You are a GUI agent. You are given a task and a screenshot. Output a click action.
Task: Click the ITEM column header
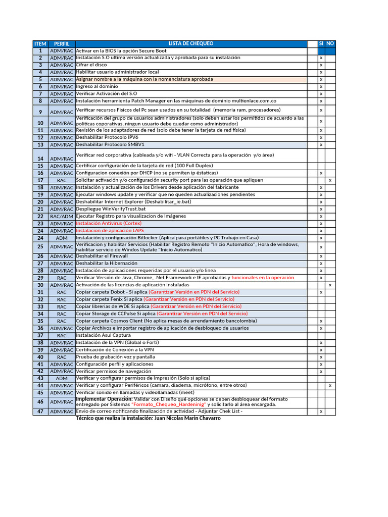tap(40, 44)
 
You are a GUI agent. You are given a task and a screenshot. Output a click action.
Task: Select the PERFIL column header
tap(62, 44)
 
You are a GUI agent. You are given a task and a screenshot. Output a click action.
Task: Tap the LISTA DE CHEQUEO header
tap(191, 44)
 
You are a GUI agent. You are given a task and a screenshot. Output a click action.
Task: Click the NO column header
tap(330, 44)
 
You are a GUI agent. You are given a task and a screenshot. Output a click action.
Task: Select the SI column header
tap(321, 44)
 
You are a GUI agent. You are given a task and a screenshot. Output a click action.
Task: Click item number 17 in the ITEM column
tap(40, 180)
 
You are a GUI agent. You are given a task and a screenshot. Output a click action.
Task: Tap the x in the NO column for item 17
tap(330, 180)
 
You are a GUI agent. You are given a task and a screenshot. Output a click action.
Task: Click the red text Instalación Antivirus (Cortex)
tap(109, 223)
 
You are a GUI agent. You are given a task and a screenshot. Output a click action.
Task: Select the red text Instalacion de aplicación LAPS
tap(110, 231)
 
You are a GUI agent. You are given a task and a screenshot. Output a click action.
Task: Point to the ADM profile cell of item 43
tap(62, 378)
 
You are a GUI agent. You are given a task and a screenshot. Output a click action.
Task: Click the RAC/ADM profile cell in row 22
tap(62, 216)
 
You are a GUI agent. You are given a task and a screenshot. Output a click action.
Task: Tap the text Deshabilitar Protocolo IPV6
tap(107, 137)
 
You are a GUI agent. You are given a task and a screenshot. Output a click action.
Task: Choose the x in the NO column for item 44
tap(330, 385)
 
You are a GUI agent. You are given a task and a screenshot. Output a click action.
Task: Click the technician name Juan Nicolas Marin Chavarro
tap(183, 418)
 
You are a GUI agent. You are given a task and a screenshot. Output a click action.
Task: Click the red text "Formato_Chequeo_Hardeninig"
tap(168, 405)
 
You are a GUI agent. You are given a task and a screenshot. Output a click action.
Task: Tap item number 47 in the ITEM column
tap(40, 411)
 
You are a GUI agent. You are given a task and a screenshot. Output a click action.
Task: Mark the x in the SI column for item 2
tap(321, 58)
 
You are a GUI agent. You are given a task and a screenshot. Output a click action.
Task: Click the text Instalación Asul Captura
tap(103, 335)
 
